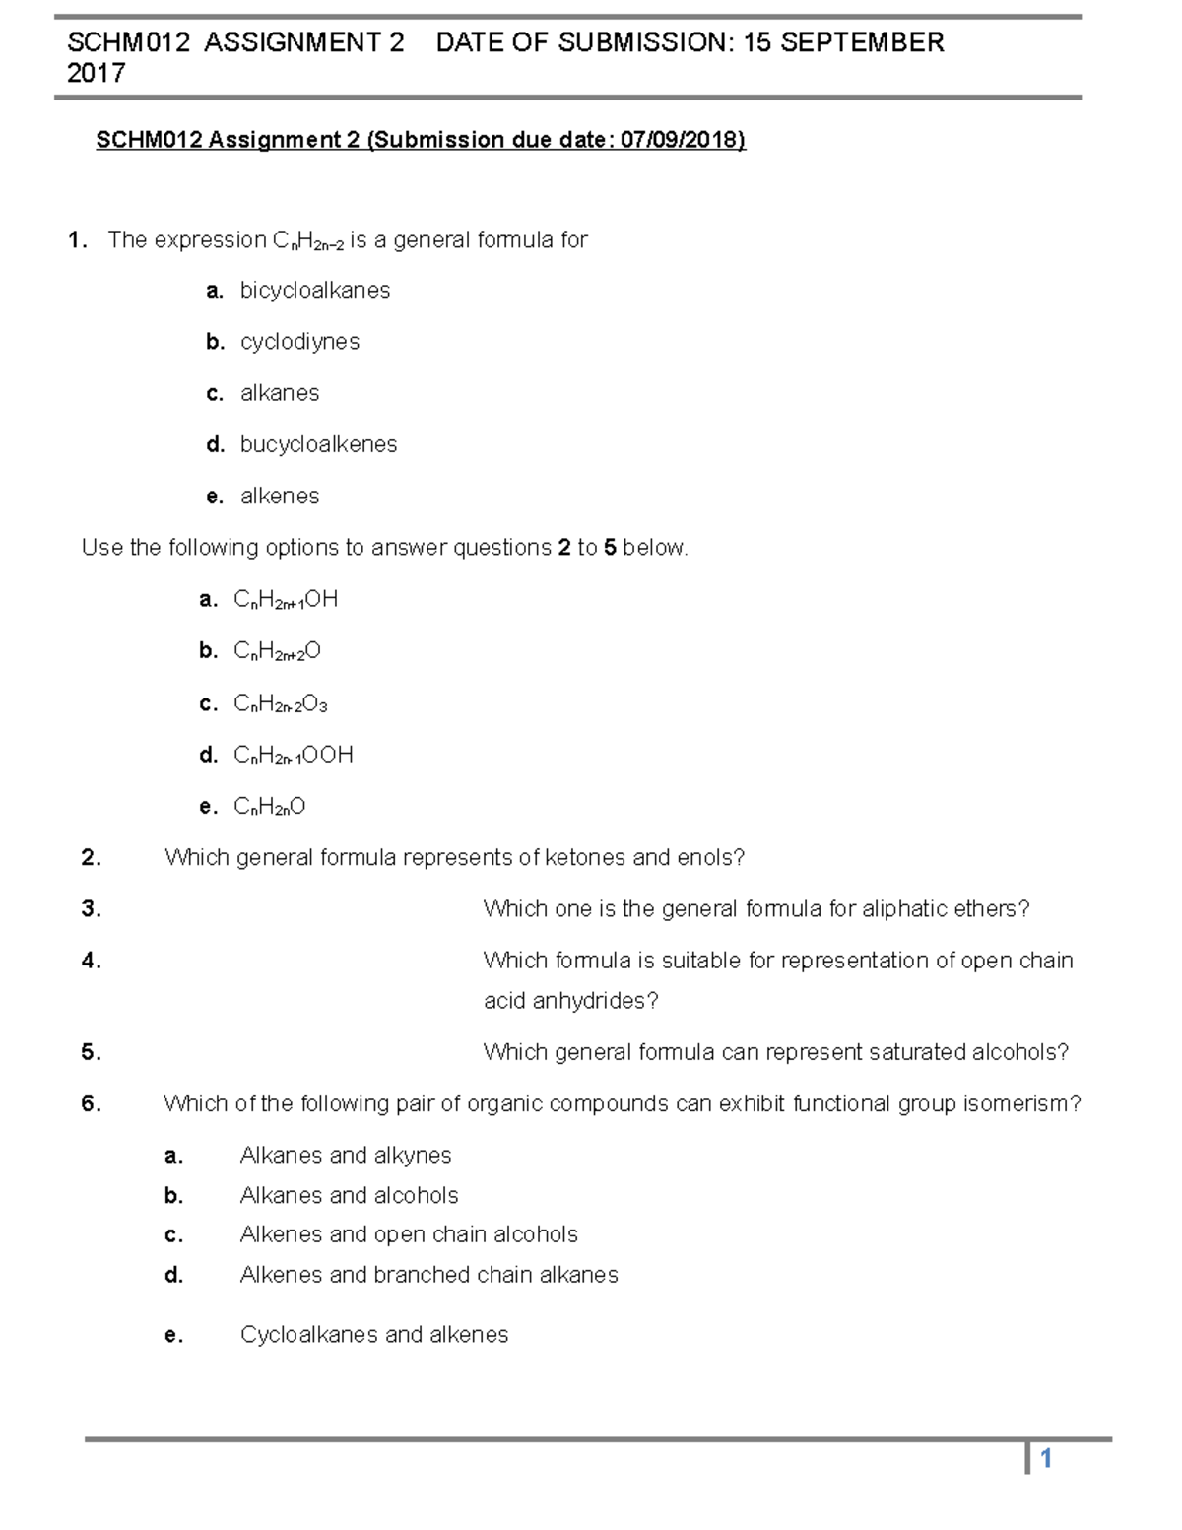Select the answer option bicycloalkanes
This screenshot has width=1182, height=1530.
click(x=314, y=291)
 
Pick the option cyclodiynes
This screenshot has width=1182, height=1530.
click(x=299, y=342)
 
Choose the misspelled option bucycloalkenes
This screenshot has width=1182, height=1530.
click(x=318, y=445)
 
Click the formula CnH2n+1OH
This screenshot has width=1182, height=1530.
click(x=286, y=599)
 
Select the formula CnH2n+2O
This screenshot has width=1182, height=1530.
click(x=277, y=651)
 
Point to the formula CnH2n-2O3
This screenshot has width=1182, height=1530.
click(x=280, y=703)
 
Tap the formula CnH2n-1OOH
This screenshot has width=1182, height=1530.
click(x=293, y=755)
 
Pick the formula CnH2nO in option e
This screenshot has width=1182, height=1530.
click(x=269, y=807)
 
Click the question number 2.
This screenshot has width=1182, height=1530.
click(x=91, y=858)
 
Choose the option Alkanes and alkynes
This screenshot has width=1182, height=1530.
click(x=345, y=1156)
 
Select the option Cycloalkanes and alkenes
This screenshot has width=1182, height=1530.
click(x=374, y=1335)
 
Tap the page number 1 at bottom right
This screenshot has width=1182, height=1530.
click(x=1047, y=1459)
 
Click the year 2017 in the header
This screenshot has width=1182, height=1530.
click(x=96, y=73)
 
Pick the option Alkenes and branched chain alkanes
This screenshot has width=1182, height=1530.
click(x=428, y=1275)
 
